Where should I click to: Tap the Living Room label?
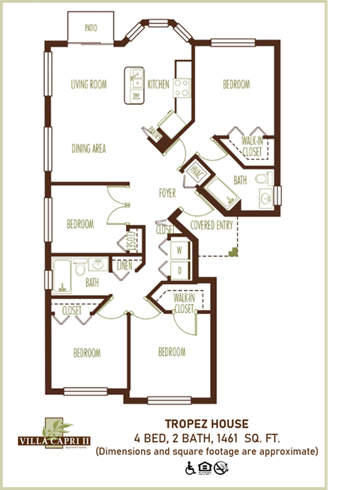pos(89,84)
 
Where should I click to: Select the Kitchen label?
pos(158,84)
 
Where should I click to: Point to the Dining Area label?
pos(88,148)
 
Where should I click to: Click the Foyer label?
pos(167,193)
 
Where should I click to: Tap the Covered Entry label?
pos(212,224)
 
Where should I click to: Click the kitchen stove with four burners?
pos(183,87)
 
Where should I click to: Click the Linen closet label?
pos(123,264)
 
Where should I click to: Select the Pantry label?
pos(155,132)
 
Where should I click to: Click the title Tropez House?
pos(206,424)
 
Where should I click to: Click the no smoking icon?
pos(220,468)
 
